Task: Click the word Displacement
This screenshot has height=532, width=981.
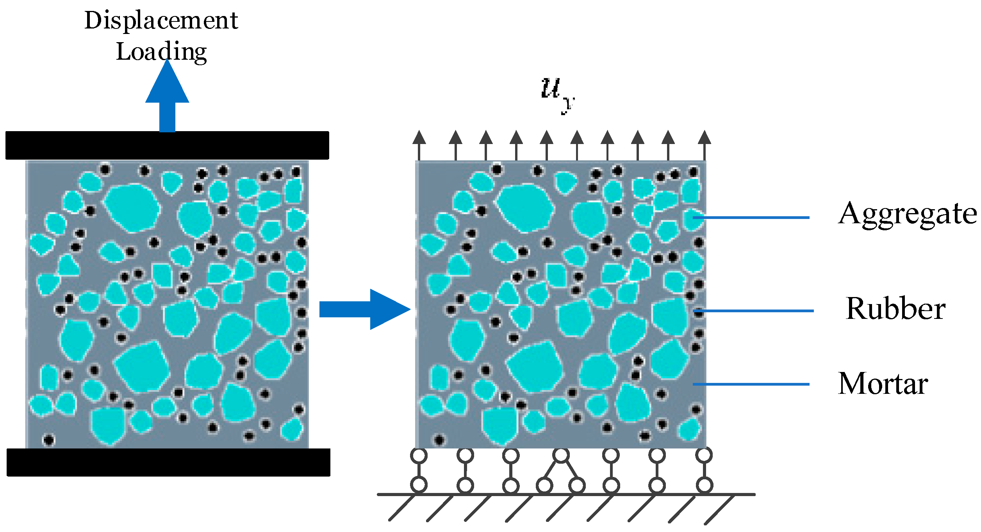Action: point(161,20)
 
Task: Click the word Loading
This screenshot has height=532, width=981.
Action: point(161,52)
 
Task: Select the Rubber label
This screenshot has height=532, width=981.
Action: point(895,308)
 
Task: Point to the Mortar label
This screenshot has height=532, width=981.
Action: point(883,384)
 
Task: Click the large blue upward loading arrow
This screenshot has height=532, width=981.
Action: point(167,98)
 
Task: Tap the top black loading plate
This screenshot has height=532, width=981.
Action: point(167,145)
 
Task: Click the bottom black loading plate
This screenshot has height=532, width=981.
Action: point(168,462)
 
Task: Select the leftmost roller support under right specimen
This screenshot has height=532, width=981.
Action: point(419,470)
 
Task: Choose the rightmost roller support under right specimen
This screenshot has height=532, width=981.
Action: point(704,470)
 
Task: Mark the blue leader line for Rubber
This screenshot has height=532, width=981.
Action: point(754,311)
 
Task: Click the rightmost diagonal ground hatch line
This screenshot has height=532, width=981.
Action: point(719,509)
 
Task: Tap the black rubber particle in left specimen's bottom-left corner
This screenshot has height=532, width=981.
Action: point(48,440)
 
